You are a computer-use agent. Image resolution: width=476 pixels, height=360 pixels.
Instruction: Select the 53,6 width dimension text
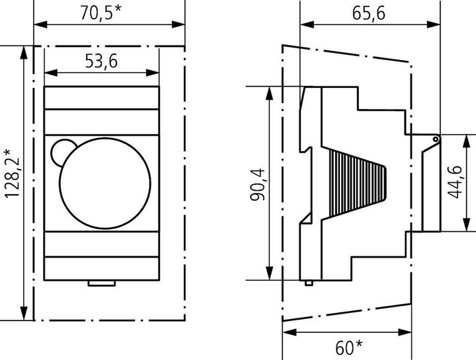click(x=101, y=61)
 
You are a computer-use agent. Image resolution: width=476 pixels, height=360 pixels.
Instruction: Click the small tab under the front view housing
click(x=101, y=283)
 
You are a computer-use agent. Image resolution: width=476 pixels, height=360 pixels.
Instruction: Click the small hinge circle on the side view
click(x=435, y=139)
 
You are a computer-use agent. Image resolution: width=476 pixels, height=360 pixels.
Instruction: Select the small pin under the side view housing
click(x=309, y=283)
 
